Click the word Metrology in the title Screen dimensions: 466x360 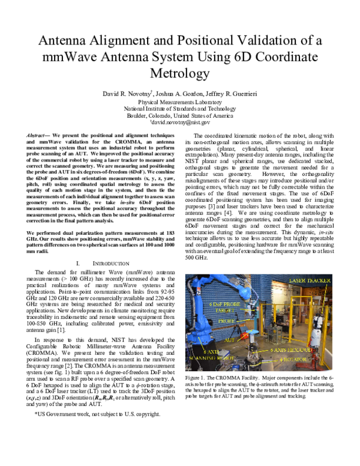coord(179,74)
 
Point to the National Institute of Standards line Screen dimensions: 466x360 coord(179,109)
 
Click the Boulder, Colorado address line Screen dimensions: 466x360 coord(179,116)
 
